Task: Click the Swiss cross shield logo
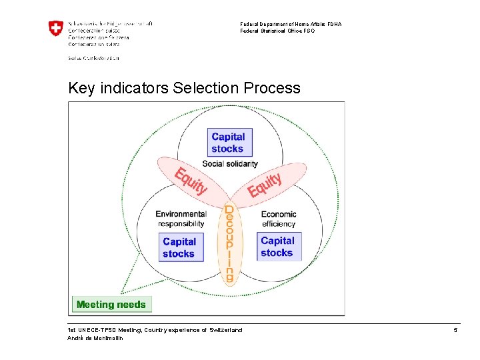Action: tap(56, 28)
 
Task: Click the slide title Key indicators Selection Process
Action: tap(184, 88)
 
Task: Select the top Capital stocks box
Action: tap(228, 143)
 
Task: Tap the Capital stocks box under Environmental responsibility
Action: tap(179, 247)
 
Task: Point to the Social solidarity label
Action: tap(230, 164)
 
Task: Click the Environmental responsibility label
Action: tap(181, 219)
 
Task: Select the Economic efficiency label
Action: tap(279, 219)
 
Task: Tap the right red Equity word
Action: tap(265, 184)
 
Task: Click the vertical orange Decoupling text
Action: tap(229, 243)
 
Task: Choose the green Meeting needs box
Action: tap(111, 305)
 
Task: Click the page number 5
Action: tap(455, 331)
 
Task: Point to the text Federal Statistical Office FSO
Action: tap(277, 31)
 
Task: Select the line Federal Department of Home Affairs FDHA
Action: tap(291, 24)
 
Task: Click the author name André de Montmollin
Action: tap(95, 338)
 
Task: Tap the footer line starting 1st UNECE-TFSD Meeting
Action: tap(155, 330)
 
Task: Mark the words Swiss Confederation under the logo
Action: tap(93, 58)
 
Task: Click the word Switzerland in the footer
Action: tap(226, 330)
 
